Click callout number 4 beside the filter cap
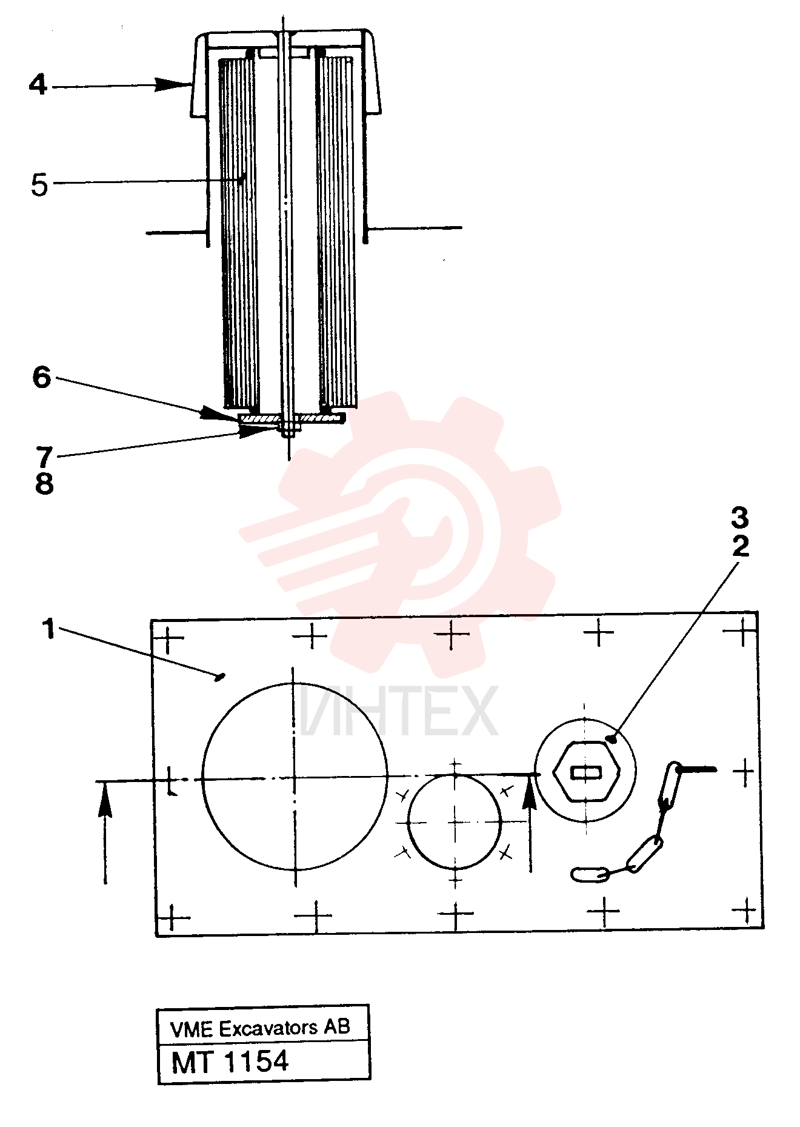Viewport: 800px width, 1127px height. click(38, 85)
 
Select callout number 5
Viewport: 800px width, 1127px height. click(39, 185)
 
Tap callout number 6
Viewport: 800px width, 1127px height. click(42, 377)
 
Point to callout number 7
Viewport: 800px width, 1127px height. click(44, 456)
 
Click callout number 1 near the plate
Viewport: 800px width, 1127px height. click(49, 629)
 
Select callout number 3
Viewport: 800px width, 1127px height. click(740, 518)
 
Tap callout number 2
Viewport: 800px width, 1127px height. click(741, 546)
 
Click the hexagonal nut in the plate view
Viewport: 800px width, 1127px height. click(585, 771)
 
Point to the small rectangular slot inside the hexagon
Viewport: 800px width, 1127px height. click(585, 772)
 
